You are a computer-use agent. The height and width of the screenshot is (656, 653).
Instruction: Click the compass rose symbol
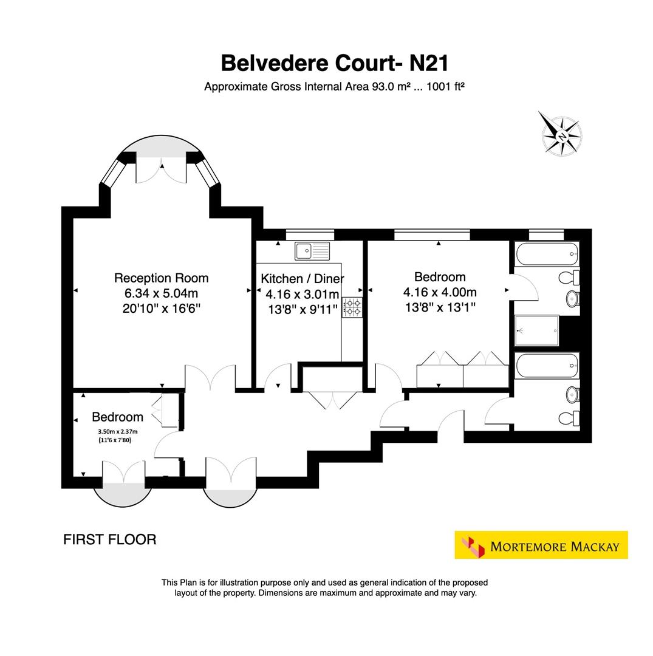coord(560,134)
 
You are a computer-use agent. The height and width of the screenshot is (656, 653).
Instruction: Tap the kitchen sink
coord(312,250)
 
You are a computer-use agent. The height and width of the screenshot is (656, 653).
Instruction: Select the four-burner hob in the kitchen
coord(352,307)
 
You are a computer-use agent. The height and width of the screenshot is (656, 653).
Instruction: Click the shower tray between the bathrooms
coord(536,330)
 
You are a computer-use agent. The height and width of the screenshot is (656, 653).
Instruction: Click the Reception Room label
coord(161,278)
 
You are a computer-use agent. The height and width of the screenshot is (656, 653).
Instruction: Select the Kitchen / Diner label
coord(302,279)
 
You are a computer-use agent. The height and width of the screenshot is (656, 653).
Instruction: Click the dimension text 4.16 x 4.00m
coord(439,293)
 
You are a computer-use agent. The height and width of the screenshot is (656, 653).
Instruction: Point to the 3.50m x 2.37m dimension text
coord(114,432)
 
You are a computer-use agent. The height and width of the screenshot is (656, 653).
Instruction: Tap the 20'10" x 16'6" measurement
coord(161,308)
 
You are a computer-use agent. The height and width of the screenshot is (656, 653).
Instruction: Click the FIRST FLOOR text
coord(109,539)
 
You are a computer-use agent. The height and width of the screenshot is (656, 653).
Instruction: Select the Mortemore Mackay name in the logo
coord(554,546)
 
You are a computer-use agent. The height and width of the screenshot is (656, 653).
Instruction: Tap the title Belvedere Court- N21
coord(335,63)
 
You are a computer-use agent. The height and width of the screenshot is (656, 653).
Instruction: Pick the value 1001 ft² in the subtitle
coord(445,87)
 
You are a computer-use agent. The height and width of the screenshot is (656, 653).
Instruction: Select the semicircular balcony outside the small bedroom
coord(123,493)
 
